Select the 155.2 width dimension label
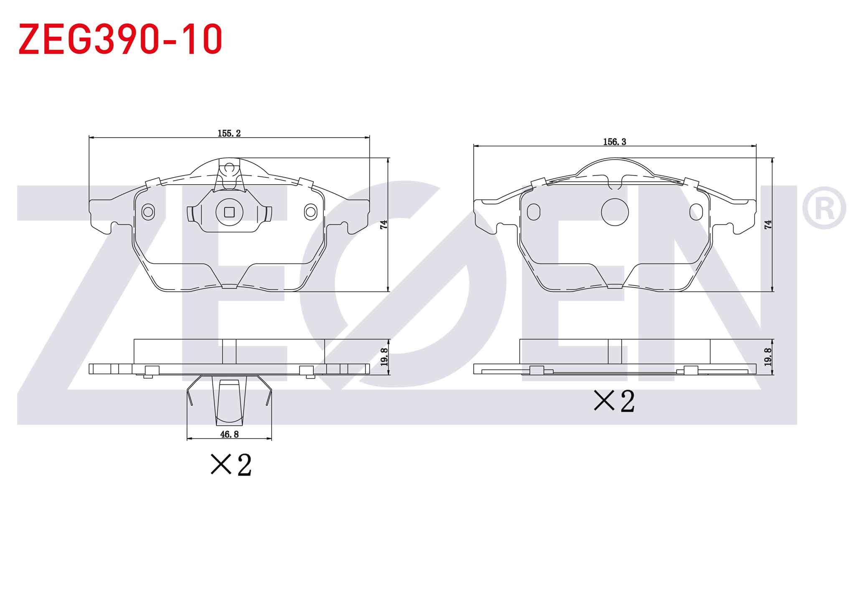pos(229,133)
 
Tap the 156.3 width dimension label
pos(615,142)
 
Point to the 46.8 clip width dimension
pos(229,435)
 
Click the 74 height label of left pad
pos(384,224)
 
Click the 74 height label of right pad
pos(768,224)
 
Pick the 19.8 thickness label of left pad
pos(384,357)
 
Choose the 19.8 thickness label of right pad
pos(768,357)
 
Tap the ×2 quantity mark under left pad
pos(231,465)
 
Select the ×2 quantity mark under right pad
pos(615,401)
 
